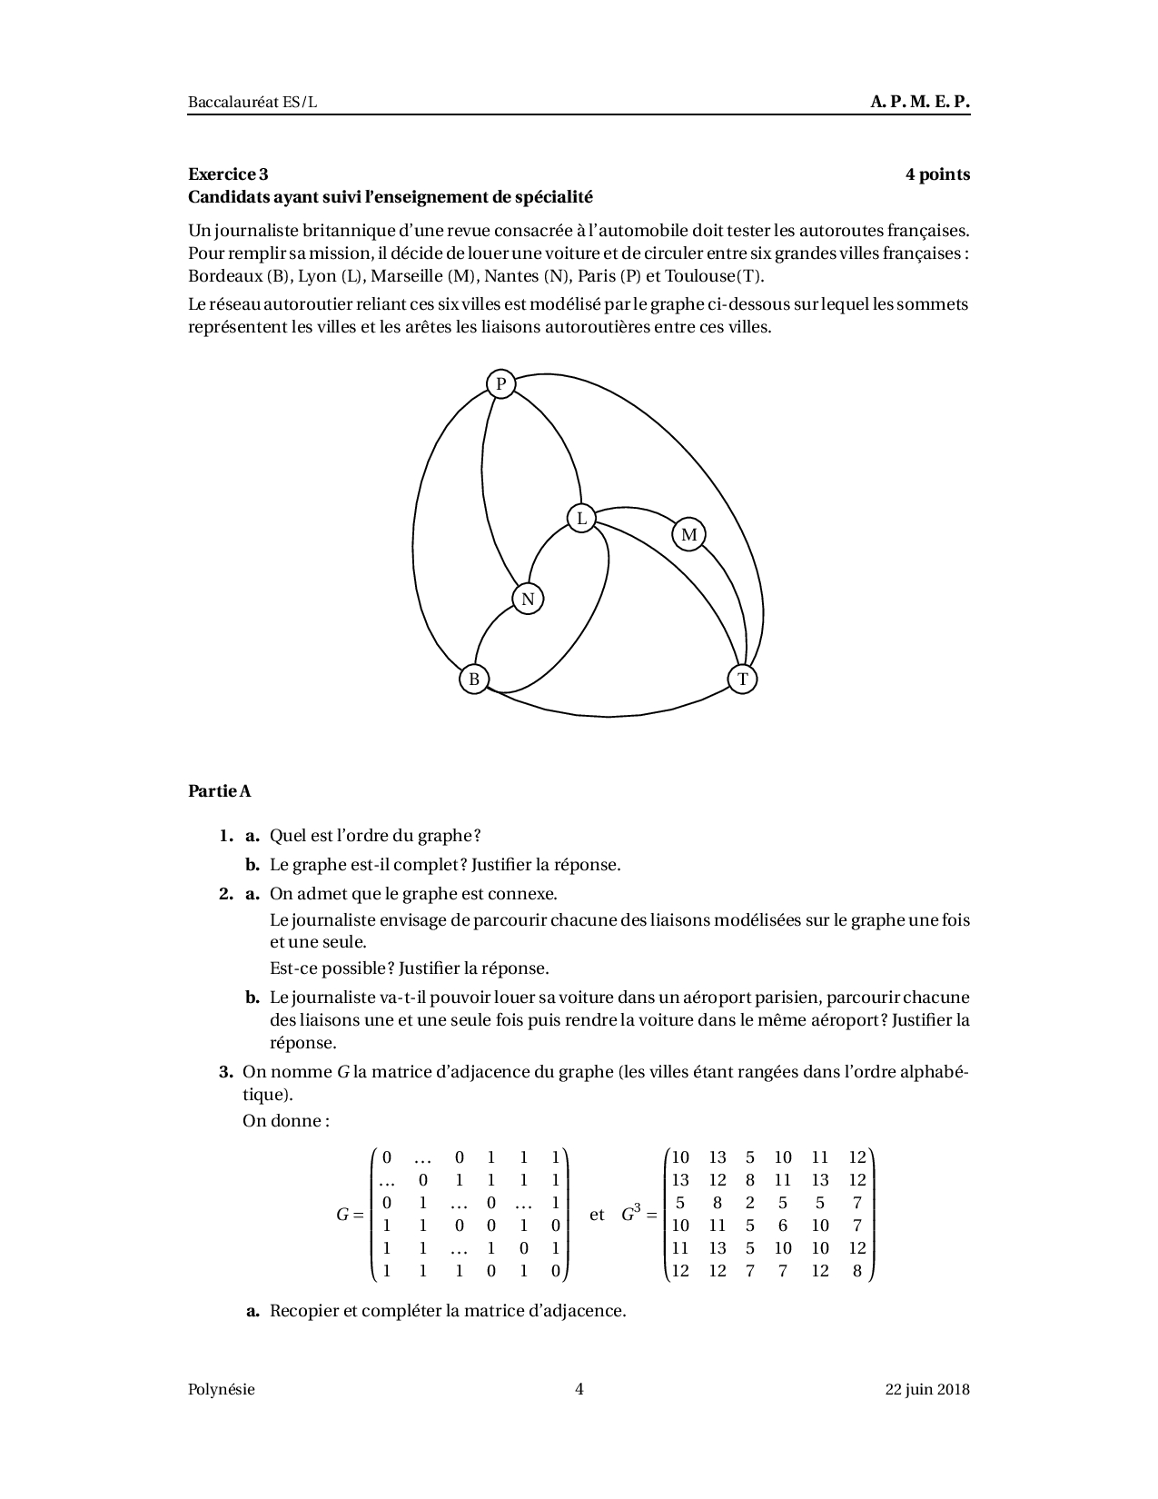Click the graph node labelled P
pyautogui.click(x=500, y=384)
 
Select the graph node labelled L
pyautogui.click(x=581, y=519)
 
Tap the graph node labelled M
pyautogui.click(x=689, y=534)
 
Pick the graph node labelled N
pyautogui.click(x=528, y=600)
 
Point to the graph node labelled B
pyautogui.click(x=474, y=679)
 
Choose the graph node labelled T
pyautogui.click(x=743, y=679)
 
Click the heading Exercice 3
pyautogui.click(x=228, y=174)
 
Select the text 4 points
pyautogui.click(x=937, y=174)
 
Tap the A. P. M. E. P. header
pyautogui.click(x=920, y=102)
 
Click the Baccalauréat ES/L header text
pyautogui.click(x=252, y=102)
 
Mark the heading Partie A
pyautogui.click(x=220, y=791)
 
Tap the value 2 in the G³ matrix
pyautogui.click(x=750, y=1203)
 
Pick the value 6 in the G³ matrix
pyautogui.click(x=783, y=1226)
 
